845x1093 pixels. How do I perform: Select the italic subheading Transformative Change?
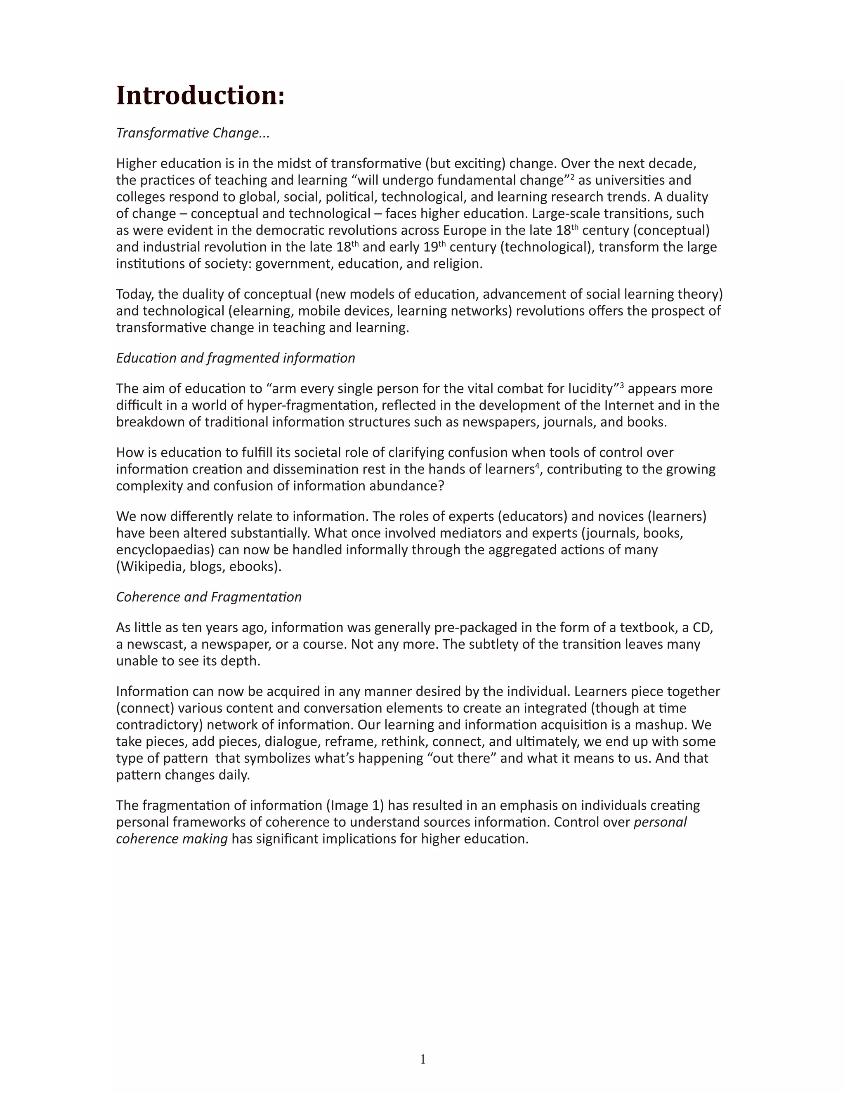tap(193, 133)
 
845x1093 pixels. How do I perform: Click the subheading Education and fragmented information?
tap(235, 358)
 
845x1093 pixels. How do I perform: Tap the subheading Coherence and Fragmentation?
tap(209, 597)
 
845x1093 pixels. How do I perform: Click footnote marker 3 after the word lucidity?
tap(622, 385)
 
